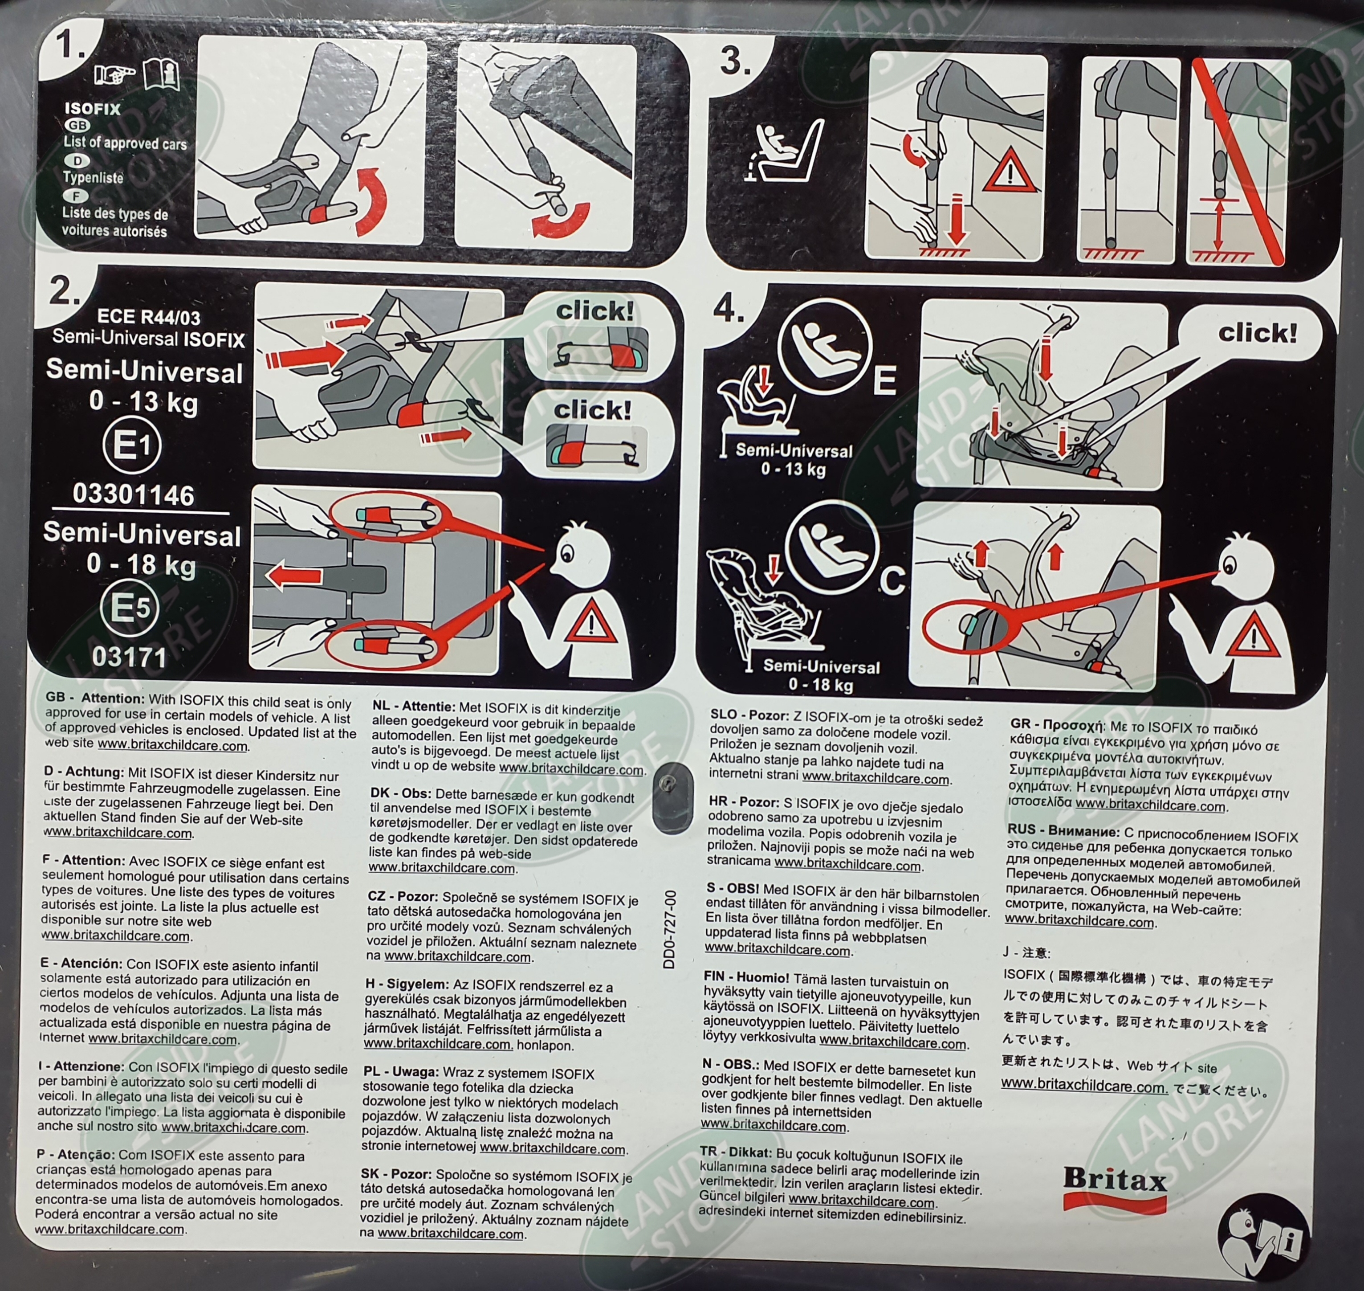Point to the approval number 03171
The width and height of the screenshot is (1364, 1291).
click(129, 657)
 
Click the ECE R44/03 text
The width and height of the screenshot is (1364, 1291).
click(149, 317)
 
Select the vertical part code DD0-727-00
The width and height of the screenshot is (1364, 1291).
click(669, 929)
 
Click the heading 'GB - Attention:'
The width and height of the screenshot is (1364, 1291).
click(96, 697)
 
